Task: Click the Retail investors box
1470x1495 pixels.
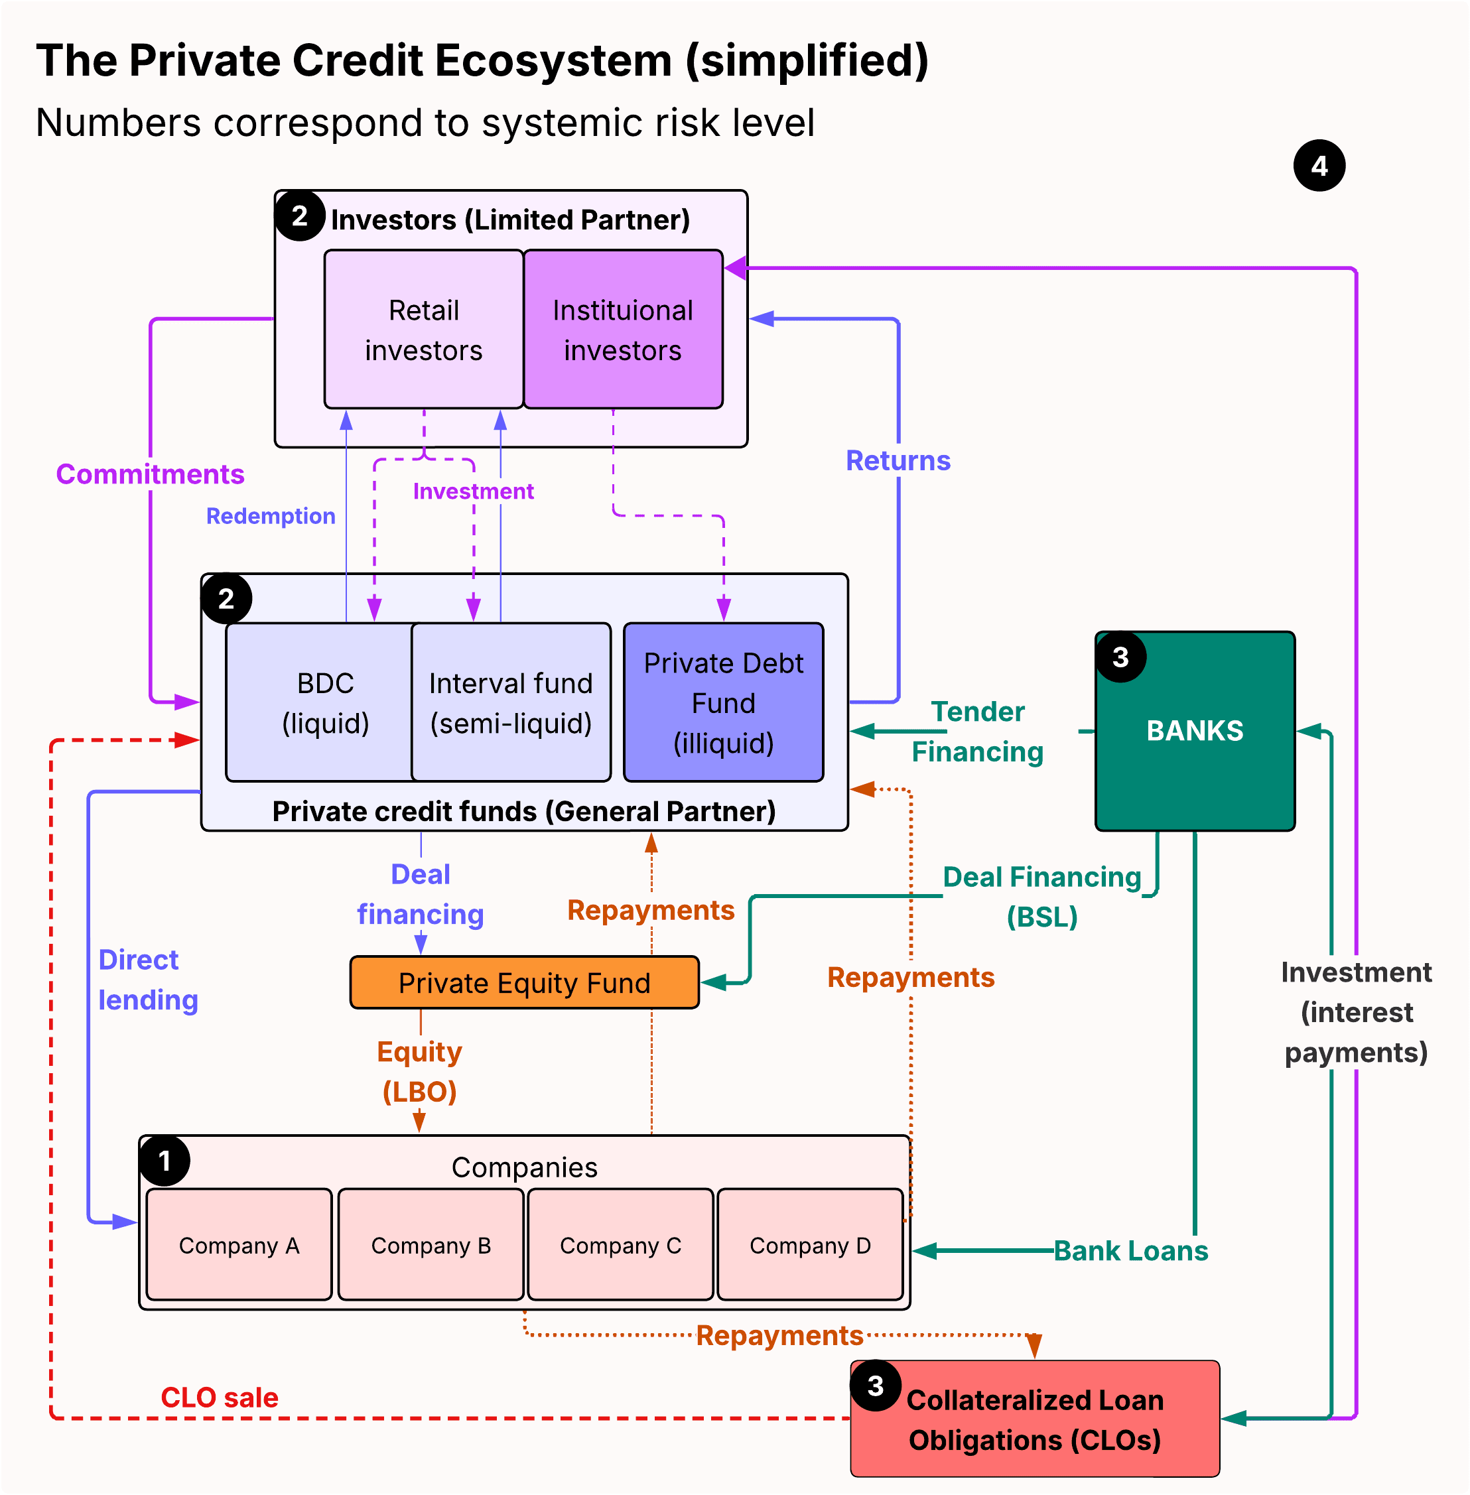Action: click(x=423, y=330)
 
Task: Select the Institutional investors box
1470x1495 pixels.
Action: click(x=622, y=330)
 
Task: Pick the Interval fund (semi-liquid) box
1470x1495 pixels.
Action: click(x=510, y=702)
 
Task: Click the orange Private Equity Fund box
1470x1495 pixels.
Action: click(x=524, y=982)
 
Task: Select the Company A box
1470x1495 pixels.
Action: click(x=239, y=1245)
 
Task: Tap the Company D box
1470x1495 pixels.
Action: click(x=809, y=1245)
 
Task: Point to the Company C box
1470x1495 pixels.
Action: click(x=620, y=1245)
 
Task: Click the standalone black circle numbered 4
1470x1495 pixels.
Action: click(x=1319, y=165)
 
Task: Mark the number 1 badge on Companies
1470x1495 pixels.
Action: click(x=165, y=1160)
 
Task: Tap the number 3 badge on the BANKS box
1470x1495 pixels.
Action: click(x=1120, y=657)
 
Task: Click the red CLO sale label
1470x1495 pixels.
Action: click(x=220, y=1397)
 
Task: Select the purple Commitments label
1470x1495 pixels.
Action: click(x=150, y=474)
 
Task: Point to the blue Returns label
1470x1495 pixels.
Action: click(x=898, y=460)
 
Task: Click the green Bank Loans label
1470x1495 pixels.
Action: click(x=1130, y=1250)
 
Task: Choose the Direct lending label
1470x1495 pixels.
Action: click(x=147, y=980)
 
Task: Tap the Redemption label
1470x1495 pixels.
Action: click(x=270, y=515)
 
